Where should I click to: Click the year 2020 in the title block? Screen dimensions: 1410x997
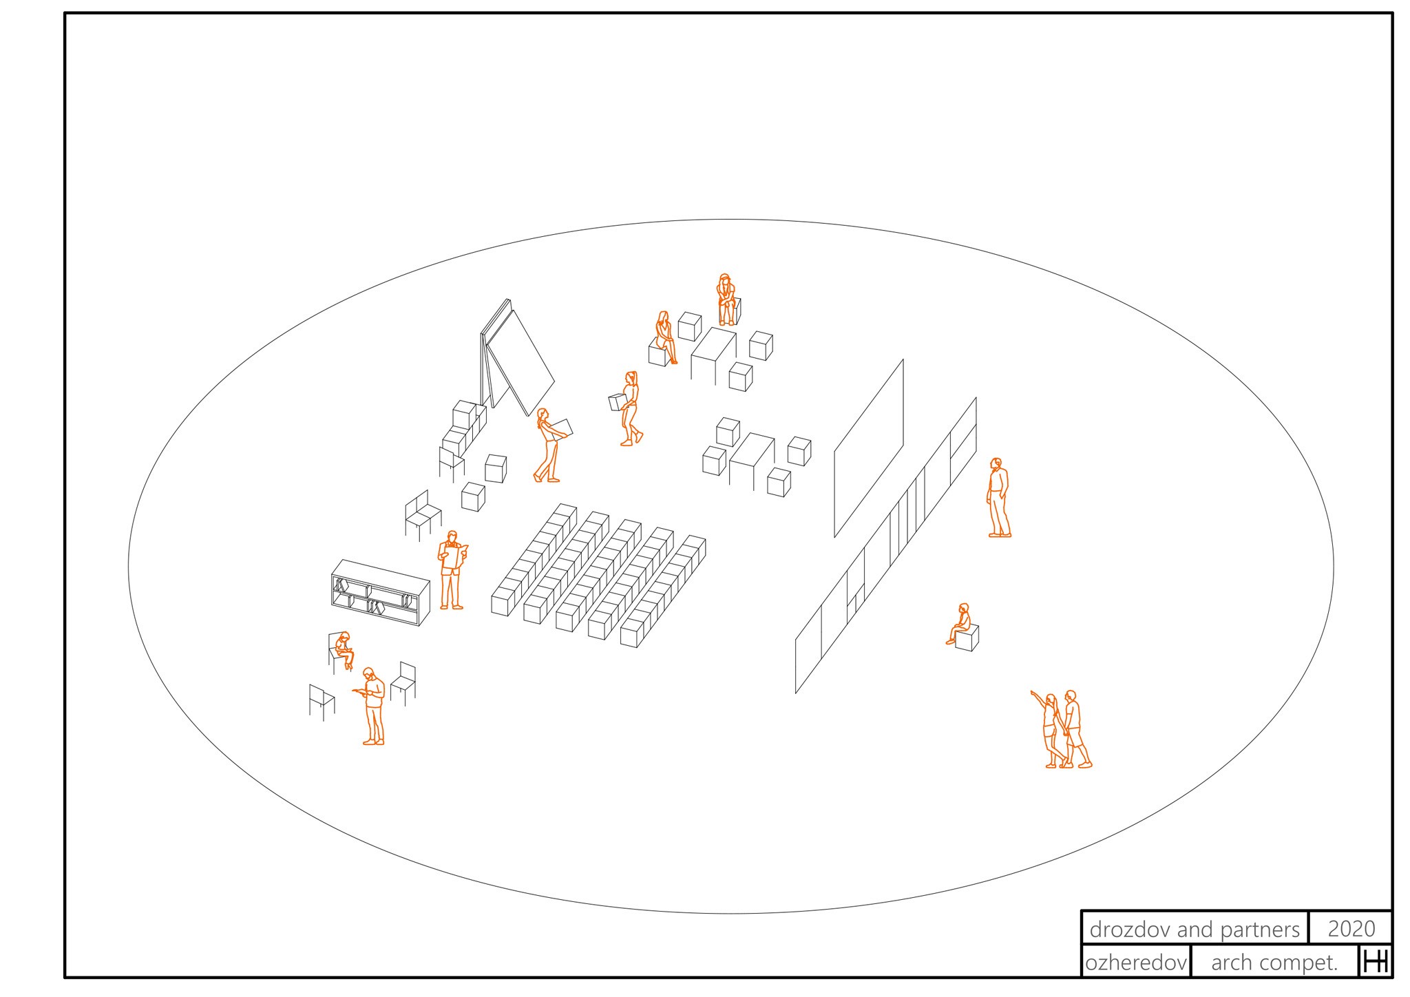coord(1351,929)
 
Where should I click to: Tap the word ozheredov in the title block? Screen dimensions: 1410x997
coord(1136,963)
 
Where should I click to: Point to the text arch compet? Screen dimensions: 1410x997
coord(1274,963)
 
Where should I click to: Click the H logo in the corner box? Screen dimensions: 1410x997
coord(1376,962)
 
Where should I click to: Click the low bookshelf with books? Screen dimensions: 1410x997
coord(380,592)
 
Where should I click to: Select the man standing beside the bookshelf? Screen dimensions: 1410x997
coord(452,570)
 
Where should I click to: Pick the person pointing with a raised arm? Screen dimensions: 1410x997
coord(1049,728)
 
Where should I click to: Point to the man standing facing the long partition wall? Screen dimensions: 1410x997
coord(998,497)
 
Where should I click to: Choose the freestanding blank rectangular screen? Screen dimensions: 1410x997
coord(869,448)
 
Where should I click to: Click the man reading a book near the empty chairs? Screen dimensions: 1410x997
coord(372,706)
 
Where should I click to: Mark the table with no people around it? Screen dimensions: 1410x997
coord(752,461)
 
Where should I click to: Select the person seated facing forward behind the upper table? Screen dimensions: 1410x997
coord(725,299)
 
